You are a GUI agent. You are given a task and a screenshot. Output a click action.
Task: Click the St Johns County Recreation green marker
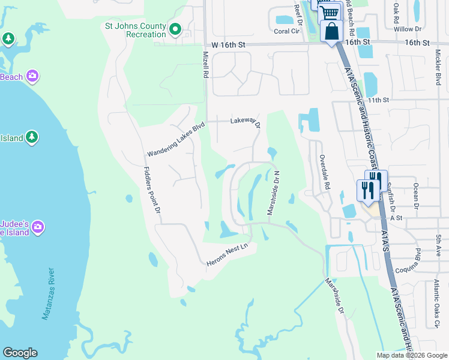tap(175, 29)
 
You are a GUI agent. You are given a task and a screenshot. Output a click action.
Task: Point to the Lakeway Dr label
tap(246, 122)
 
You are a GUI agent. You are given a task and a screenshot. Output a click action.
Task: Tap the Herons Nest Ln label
tap(228, 255)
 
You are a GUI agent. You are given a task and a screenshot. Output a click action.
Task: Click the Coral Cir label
tap(286, 31)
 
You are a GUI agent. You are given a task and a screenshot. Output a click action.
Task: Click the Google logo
tap(20, 353)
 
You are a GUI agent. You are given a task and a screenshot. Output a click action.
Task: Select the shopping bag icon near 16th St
tap(331, 31)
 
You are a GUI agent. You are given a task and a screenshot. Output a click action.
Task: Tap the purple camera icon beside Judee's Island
tap(38, 226)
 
